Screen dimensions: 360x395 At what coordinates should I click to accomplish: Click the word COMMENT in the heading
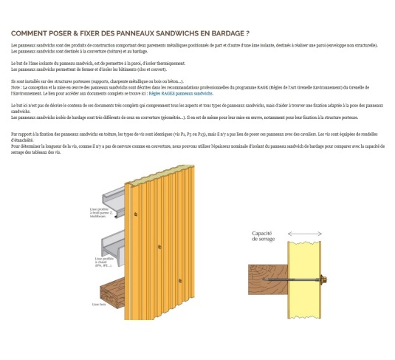point(30,33)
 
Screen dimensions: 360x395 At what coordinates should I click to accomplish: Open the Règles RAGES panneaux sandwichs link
point(181,94)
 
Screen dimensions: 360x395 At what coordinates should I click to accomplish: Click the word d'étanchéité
point(23,140)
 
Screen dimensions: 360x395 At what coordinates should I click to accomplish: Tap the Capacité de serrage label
point(264,236)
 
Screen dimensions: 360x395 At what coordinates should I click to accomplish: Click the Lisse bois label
point(98,303)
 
